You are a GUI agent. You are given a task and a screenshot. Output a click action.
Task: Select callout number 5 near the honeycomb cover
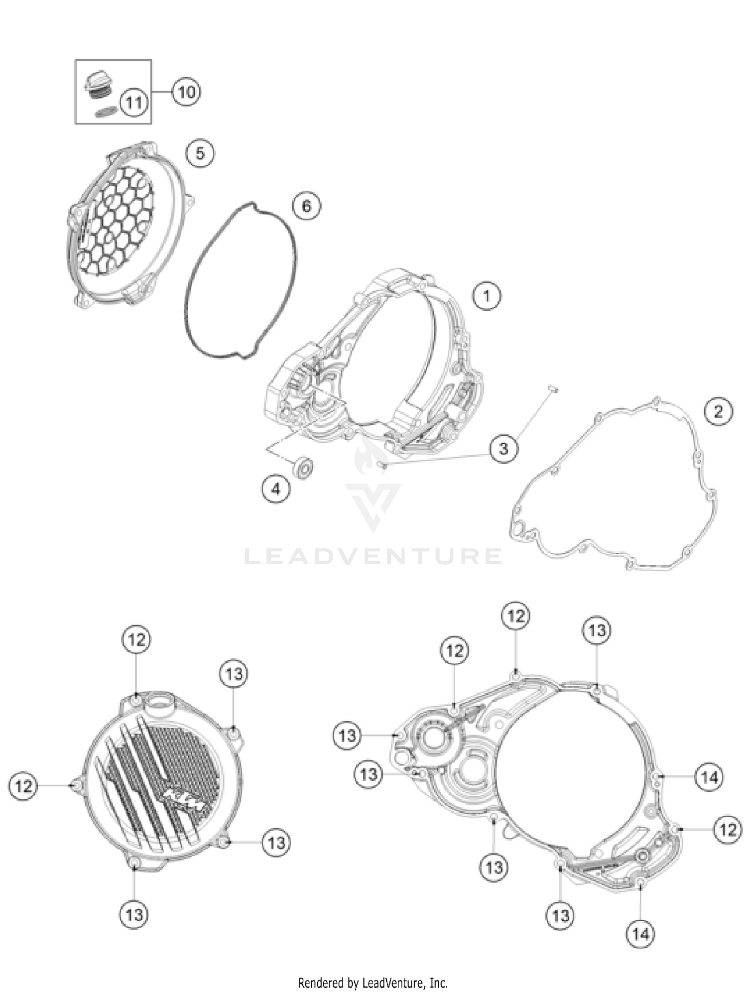click(200, 153)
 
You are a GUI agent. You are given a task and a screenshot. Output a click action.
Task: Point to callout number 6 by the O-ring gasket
click(306, 205)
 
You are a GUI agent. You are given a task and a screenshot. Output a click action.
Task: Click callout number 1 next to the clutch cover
click(487, 296)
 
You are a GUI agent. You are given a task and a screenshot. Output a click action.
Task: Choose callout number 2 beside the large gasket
click(718, 411)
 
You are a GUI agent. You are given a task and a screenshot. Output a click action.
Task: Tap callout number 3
click(503, 448)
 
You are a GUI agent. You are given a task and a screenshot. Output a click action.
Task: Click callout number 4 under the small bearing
click(275, 489)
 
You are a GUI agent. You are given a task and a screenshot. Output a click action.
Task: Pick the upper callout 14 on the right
click(709, 776)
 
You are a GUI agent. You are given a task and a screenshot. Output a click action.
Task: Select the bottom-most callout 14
click(640, 934)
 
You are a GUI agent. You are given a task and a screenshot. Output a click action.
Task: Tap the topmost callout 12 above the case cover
click(515, 616)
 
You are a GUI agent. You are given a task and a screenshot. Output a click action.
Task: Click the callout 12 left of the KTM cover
click(23, 786)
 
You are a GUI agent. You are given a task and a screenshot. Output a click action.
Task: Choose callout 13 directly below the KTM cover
click(134, 914)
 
